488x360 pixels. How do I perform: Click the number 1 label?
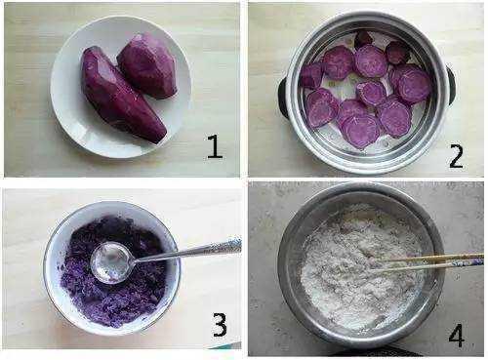pos(215,146)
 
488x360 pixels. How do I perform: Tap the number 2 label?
pos(456,156)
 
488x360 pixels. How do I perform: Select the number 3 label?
pos(220,325)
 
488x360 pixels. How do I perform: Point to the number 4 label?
pos(456,336)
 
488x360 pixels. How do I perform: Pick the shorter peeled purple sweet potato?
pos(148,66)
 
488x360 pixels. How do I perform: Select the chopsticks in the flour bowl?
pos(429,261)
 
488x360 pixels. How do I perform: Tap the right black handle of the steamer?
pos(451,85)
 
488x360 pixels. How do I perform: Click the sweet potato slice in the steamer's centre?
pos(371,93)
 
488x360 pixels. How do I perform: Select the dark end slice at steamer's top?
pos(363,39)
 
